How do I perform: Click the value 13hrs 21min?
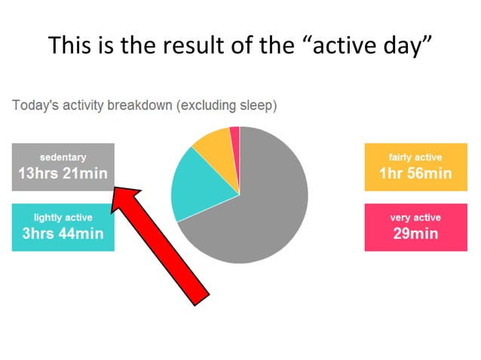[63, 173]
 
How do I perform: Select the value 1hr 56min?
[415, 173]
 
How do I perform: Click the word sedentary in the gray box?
[63, 157]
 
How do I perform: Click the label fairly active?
[415, 157]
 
